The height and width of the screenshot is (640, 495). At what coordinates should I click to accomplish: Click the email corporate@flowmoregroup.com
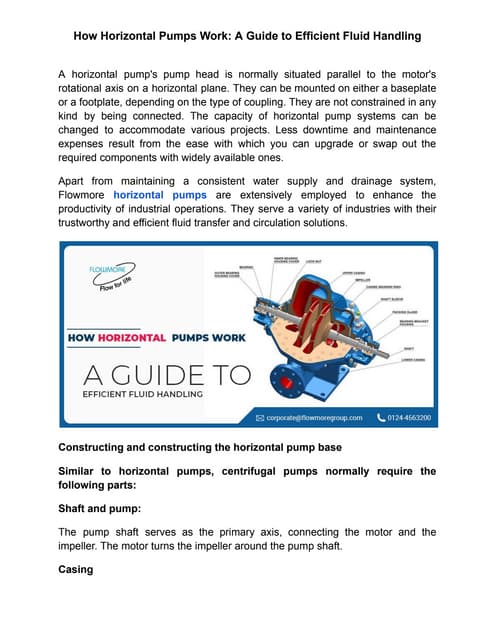pyautogui.click(x=313, y=418)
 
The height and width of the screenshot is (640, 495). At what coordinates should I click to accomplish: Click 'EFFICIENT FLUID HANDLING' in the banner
pyautogui.click(x=142, y=394)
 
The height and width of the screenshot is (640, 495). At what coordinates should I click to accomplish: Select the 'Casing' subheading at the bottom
pyautogui.click(x=76, y=568)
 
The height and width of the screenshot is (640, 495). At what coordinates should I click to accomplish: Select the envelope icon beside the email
pyautogui.click(x=260, y=418)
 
